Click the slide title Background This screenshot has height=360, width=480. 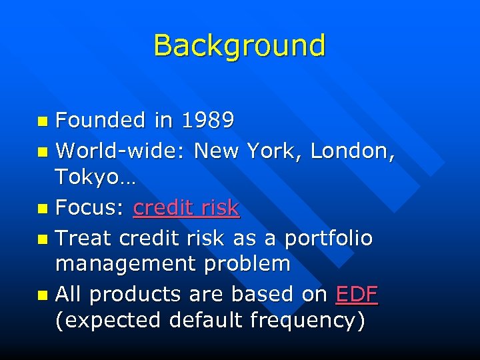pyautogui.click(x=239, y=45)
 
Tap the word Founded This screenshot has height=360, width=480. pyautogui.click(x=101, y=120)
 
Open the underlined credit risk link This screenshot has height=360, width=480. pyautogui.click(x=186, y=208)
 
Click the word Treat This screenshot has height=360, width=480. pyautogui.click(x=83, y=237)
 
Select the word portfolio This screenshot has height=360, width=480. pyautogui.click(x=328, y=237)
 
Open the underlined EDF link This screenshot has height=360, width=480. pyautogui.click(x=357, y=294)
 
